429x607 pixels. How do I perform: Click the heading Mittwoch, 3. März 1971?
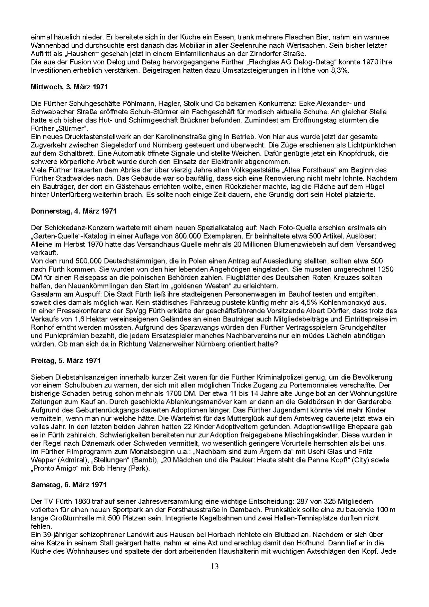click(69, 87)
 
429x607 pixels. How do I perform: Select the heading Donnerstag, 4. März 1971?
click(74, 211)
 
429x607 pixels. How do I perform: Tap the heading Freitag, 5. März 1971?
click(66, 360)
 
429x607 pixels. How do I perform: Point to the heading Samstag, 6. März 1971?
click(69, 485)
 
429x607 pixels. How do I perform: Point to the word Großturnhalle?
click(68, 518)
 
